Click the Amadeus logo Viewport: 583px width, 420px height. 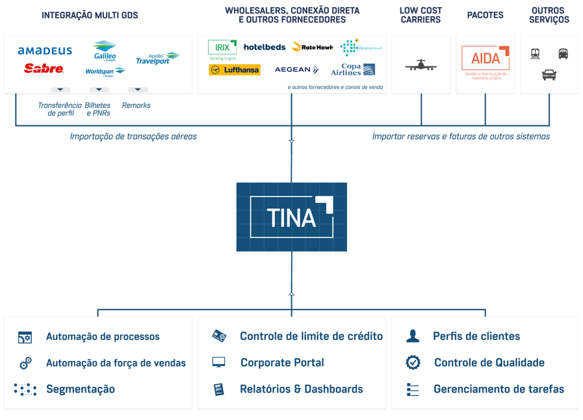click(x=45, y=51)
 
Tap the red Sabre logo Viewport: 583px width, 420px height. click(x=44, y=68)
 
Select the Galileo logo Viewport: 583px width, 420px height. click(x=105, y=51)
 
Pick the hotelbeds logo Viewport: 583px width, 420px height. click(x=265, y=47)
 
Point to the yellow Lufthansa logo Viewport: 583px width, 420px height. click(x=235, y=70)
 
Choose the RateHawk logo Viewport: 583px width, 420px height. click(x=313, y=47)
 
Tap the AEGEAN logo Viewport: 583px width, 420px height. click(x=296, y=70)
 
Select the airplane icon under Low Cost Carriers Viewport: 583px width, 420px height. click(x=421, y=65)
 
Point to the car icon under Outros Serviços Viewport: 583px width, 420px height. click(x=549, y=75)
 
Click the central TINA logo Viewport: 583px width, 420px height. click(x=292, y=217)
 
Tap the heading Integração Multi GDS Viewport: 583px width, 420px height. click(x=90, y=16)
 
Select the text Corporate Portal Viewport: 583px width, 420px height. click(x=282, y=363)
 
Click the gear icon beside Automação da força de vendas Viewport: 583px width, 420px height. click(x=25, y=363)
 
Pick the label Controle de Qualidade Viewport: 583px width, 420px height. click(x=489, y=363)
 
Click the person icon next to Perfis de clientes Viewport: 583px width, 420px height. click(x=413, y=336)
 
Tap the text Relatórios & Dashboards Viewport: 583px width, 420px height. click(x=301, y=389)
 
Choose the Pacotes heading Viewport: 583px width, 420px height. click(x=485, y=15)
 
